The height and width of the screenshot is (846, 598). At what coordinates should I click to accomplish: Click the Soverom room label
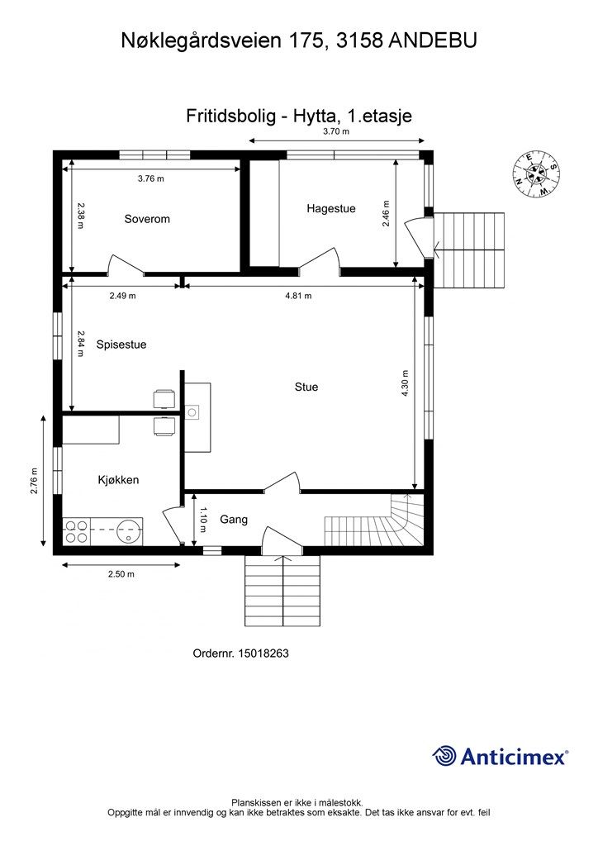pyautogui.click(x=147, y=219)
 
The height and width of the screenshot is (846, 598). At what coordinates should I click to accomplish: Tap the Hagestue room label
pyautogui.click(x=331, y=209)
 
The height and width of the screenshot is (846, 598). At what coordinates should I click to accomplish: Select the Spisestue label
pyautogui.click(x=121, y=345)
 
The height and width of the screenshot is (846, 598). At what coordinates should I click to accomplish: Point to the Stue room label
pyautogui.click(x=306, y=387)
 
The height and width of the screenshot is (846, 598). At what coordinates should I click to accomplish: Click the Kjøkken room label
pyautogui.click(x=119, y=480)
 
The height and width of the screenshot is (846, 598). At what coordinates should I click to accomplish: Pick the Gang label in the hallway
pyautogui.click(x=234, y=520)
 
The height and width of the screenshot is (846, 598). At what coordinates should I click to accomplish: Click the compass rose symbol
pyautogui.click(x=536, y=173)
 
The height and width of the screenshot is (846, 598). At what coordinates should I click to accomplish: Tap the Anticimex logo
pyautogui.click(x=500, y=756)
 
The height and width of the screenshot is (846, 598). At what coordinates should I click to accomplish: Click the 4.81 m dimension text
pyautogui.click(x=299, y=296)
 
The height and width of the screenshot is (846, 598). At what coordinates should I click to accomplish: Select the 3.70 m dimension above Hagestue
pyautogui.click(x=336, y=131)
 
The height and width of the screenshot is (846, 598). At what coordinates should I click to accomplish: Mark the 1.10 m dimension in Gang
pyautogui.click(x=203, y=519)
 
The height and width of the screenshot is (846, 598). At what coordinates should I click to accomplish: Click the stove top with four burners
pyautogui.click(x=76, y=531)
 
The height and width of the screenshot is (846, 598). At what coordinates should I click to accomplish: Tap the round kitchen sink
pyautogui.click(x=130, y=531)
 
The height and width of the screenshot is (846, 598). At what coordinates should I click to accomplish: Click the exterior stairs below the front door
pyautogui.click(x=282, y=590)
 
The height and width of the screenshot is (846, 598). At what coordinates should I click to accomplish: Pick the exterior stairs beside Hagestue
pyautogui.click(x=469, y=251)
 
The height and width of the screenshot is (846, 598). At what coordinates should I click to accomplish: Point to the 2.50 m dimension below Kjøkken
pyautogui.click(x=121, y=574)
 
